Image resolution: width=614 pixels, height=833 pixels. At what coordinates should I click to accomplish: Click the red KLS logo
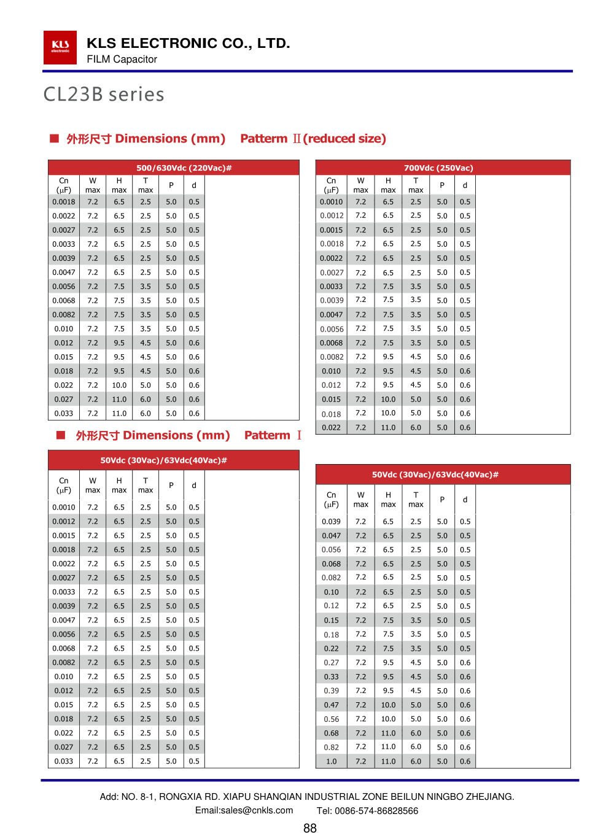pos(60,47)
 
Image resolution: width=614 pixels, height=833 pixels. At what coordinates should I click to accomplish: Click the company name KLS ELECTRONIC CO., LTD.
pos(188,43)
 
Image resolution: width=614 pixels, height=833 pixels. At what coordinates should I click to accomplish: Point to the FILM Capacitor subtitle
pos(122,59)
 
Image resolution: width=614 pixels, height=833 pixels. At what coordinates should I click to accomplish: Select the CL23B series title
pos(104,95)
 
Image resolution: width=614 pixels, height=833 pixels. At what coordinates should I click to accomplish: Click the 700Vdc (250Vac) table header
pos(438,168)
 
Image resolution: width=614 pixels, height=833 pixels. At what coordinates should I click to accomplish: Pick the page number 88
pos(310,828)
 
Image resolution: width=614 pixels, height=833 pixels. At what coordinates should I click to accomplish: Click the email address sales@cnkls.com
pos(244,810)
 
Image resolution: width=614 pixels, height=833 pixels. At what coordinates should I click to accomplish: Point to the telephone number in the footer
pos(367,810)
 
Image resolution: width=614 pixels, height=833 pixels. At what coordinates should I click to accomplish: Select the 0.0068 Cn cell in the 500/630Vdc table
pos(64,301)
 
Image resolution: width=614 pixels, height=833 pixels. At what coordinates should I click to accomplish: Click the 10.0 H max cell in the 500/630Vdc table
pos(119,386)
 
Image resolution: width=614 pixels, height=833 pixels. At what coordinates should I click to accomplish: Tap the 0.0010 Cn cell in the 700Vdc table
pos(332,202)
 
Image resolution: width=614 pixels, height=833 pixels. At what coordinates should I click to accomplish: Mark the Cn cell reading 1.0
pos(332,761)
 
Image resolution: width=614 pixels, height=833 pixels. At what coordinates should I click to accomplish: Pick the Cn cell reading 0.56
pos(332,719)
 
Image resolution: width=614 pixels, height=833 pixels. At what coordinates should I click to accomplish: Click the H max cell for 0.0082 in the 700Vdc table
pos(388,357)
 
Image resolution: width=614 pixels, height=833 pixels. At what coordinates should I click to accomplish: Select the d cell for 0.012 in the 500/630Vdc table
pos(194,343)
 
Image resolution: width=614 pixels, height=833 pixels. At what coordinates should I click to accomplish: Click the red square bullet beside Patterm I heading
pos(61,435)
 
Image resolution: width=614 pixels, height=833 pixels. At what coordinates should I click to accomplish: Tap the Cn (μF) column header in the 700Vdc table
pos(332,185)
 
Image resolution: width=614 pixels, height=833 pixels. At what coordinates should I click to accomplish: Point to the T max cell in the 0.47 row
pos(416,705)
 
